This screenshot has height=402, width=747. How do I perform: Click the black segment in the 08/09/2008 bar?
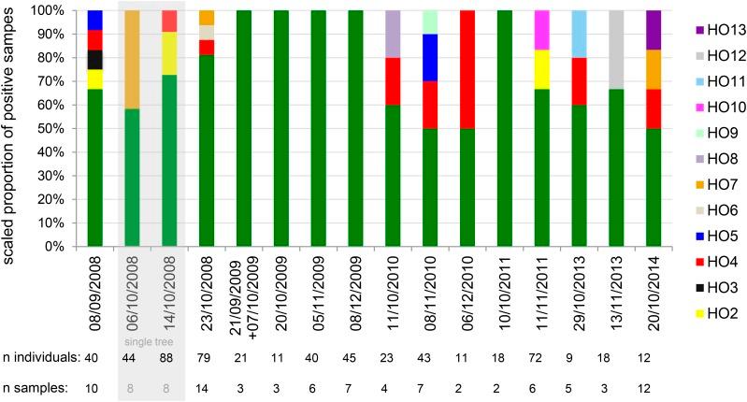click(94, 60)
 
